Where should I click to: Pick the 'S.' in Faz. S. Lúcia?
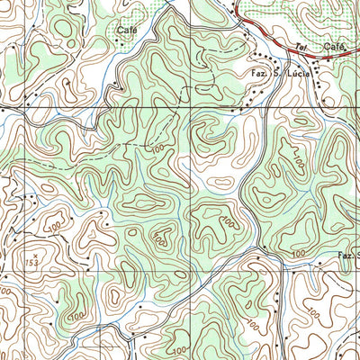[x=278, y=76]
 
